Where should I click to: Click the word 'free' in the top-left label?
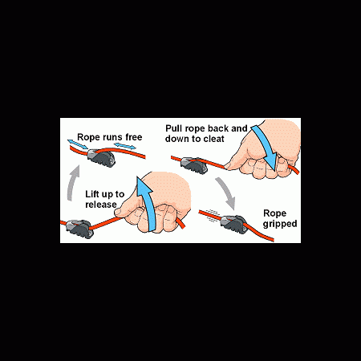pos(134,137)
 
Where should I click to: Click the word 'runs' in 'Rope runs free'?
pos(110,137)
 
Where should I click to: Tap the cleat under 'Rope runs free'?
pos(102,157)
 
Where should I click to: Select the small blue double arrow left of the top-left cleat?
pos(78,144)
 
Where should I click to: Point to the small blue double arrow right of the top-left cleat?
pos(125,146)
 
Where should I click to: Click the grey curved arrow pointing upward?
pos(72,183)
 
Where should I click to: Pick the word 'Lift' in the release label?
pos(92,194)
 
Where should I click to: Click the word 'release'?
pos(101,205)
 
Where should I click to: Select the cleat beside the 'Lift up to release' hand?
pos(80,229)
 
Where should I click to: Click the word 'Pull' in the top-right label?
pos(174,128)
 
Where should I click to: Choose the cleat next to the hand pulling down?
pos(194,165)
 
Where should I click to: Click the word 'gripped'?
pos(280,224)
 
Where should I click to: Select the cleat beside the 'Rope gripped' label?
pos(233,224)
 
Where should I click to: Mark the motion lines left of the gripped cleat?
pos(213,216)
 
